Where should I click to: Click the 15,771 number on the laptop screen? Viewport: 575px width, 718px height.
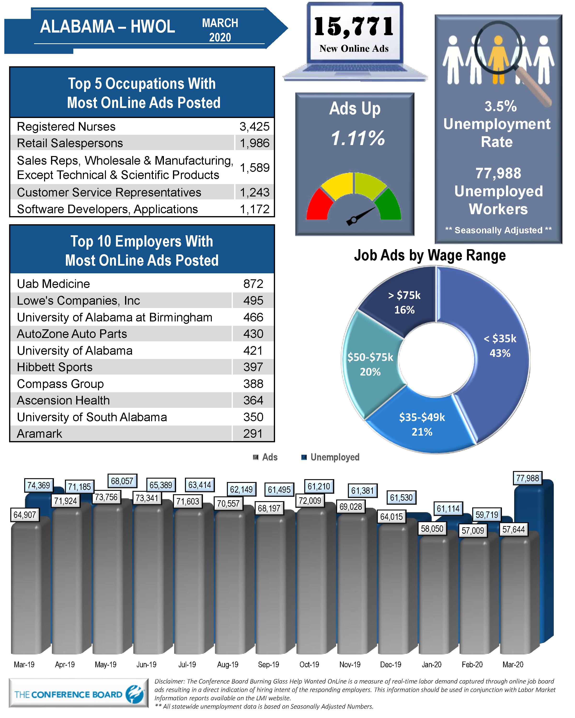click(354, 27)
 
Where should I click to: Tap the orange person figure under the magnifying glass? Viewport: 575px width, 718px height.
click(498, 60)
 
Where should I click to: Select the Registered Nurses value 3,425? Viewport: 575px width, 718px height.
click(254, 127)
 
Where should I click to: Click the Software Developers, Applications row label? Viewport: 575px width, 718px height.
click(107, 209)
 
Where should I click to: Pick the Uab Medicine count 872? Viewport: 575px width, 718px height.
click(253, 284)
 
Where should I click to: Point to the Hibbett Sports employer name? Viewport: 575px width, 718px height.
click(55, 367)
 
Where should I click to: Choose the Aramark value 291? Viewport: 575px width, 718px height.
click(253, 434)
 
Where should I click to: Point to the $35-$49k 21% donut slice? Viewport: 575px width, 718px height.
click(422, 424)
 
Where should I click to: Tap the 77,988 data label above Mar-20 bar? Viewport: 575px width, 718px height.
click(527, 478)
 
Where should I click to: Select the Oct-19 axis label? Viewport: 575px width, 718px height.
click(309, 665)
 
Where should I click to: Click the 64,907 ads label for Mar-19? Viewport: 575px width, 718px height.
click(25, 515)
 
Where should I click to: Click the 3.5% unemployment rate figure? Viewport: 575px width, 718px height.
click(500, 107)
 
